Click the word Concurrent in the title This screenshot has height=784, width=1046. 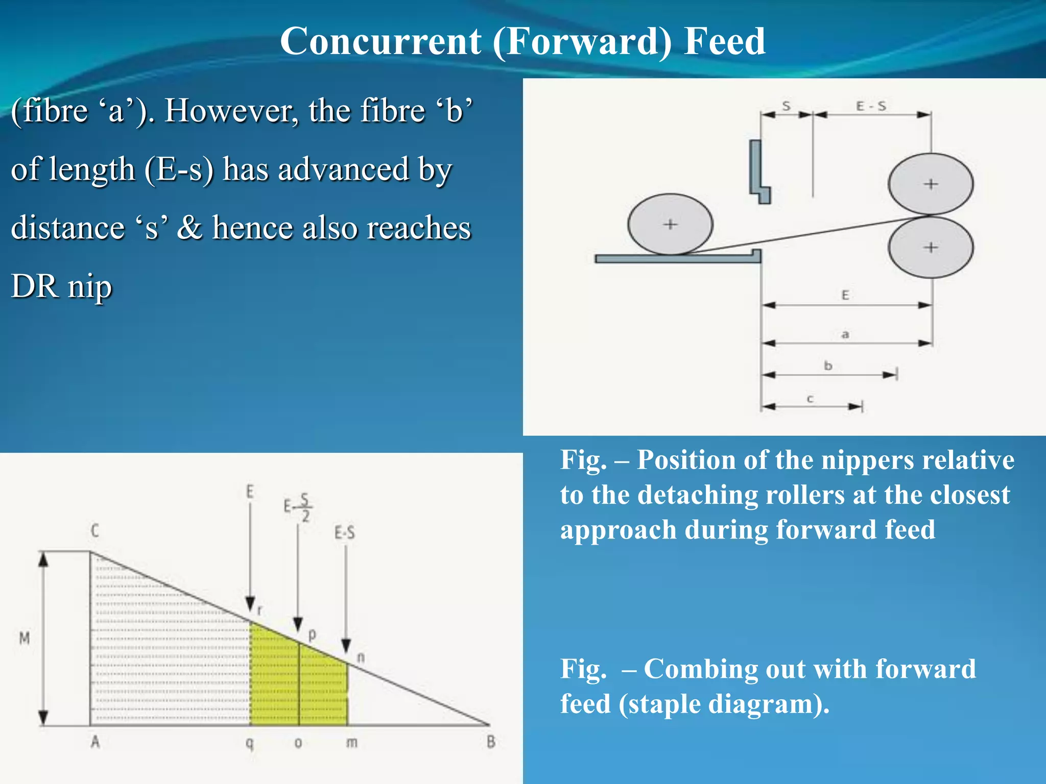tap(380, 41)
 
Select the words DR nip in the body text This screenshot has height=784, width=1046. tap(61, 286)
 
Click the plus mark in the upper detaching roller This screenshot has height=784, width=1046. tap(931, 184)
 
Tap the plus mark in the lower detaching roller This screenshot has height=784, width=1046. tap(931, 248)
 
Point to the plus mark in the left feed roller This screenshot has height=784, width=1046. tap(670, 224)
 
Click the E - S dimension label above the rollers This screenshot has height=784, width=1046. tap(871, 106)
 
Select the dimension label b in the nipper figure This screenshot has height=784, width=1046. tap(828, 365)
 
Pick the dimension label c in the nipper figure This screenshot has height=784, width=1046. tap(810, 399)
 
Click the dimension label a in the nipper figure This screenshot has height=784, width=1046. tap(845, 334)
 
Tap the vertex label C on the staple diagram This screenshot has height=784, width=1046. tap(95, 531)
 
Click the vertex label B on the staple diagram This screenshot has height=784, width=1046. tap(491, 742)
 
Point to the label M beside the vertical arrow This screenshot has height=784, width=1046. tap(24, 638)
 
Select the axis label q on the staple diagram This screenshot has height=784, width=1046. tap(249, 743)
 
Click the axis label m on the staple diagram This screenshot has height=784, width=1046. tap(351, 742)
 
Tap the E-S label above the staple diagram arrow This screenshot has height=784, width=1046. tap(344, 533)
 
